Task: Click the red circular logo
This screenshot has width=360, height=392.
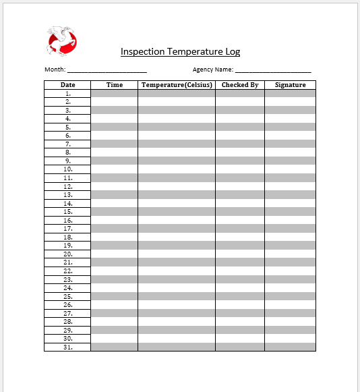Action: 62,41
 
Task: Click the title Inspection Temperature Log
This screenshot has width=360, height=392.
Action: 180,51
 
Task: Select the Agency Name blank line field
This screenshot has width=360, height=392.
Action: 272,69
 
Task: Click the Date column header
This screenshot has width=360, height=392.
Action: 67,85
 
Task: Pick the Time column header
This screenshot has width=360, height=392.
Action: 115,85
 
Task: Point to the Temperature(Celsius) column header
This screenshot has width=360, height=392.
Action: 177,85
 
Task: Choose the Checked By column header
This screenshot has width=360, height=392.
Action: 240,85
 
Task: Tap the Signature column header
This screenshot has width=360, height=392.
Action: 290,85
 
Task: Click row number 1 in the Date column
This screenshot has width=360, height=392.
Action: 68,93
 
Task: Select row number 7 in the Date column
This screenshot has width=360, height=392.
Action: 68,144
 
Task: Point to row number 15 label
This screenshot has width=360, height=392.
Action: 68,212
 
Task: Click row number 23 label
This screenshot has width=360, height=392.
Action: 68,279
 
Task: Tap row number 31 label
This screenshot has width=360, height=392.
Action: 68,347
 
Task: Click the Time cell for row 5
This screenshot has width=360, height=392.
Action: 115,127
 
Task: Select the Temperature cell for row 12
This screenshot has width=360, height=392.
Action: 177,186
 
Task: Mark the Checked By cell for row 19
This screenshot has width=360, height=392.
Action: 240,246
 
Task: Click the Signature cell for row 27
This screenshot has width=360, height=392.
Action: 290,314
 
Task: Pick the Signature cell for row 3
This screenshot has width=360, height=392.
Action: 290,110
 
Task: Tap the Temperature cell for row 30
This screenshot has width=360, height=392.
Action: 177,339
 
